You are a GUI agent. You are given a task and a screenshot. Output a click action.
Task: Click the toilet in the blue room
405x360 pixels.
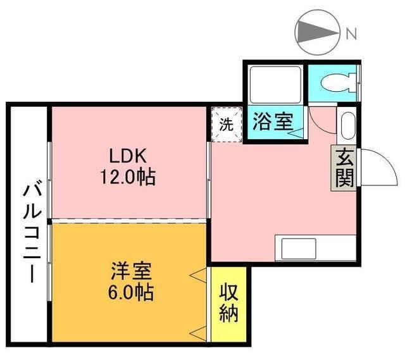[335, 82]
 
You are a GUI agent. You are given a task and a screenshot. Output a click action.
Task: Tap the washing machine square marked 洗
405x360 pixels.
[226, 125]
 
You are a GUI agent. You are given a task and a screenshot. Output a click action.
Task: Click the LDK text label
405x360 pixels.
[129, 156]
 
